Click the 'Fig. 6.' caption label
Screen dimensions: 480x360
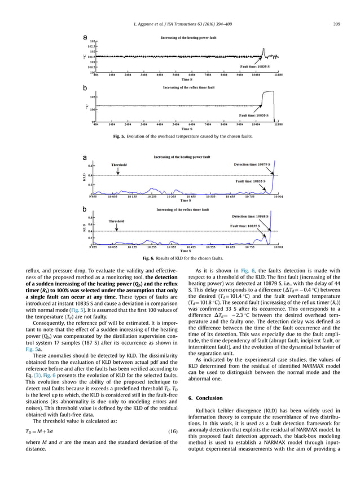(150, 258)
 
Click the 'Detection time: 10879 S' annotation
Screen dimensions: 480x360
(252, 165)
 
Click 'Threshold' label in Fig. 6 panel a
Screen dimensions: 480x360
(119, 165)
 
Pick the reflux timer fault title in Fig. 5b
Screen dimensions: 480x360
(188, 88)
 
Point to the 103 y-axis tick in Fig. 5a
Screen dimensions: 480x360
(91, 42)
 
